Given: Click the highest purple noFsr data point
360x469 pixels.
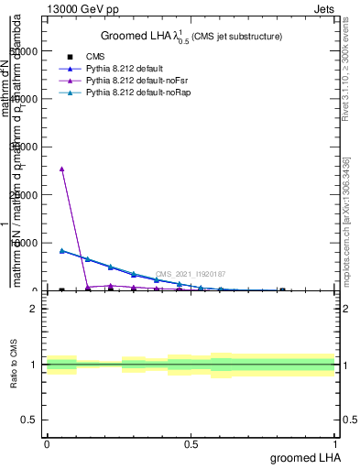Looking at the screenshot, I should tap(61, 169).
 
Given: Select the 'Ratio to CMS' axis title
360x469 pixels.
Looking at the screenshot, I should tap(15, 365).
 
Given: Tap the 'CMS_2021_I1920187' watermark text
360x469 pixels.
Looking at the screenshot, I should tap(190, 274).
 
